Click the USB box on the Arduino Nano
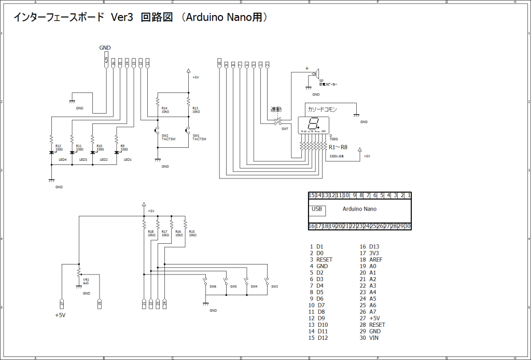click(x=317, y=210)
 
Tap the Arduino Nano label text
click(x=360, y=209)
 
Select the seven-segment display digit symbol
click(x=313, y=124)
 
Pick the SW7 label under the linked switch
click(x=285, y=129)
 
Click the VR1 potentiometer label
click(x=86, y=281)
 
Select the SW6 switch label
click(x=213, y=286)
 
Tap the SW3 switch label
click(x=274, y=286)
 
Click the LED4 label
click(x=63, y=160)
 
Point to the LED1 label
click(x=128, y=160)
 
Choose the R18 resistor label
click(x=151, y=233)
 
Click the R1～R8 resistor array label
click(x=338, y=148)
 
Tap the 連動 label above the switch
click(x=276, y=109)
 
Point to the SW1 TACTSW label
click(x=199, y=137)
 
